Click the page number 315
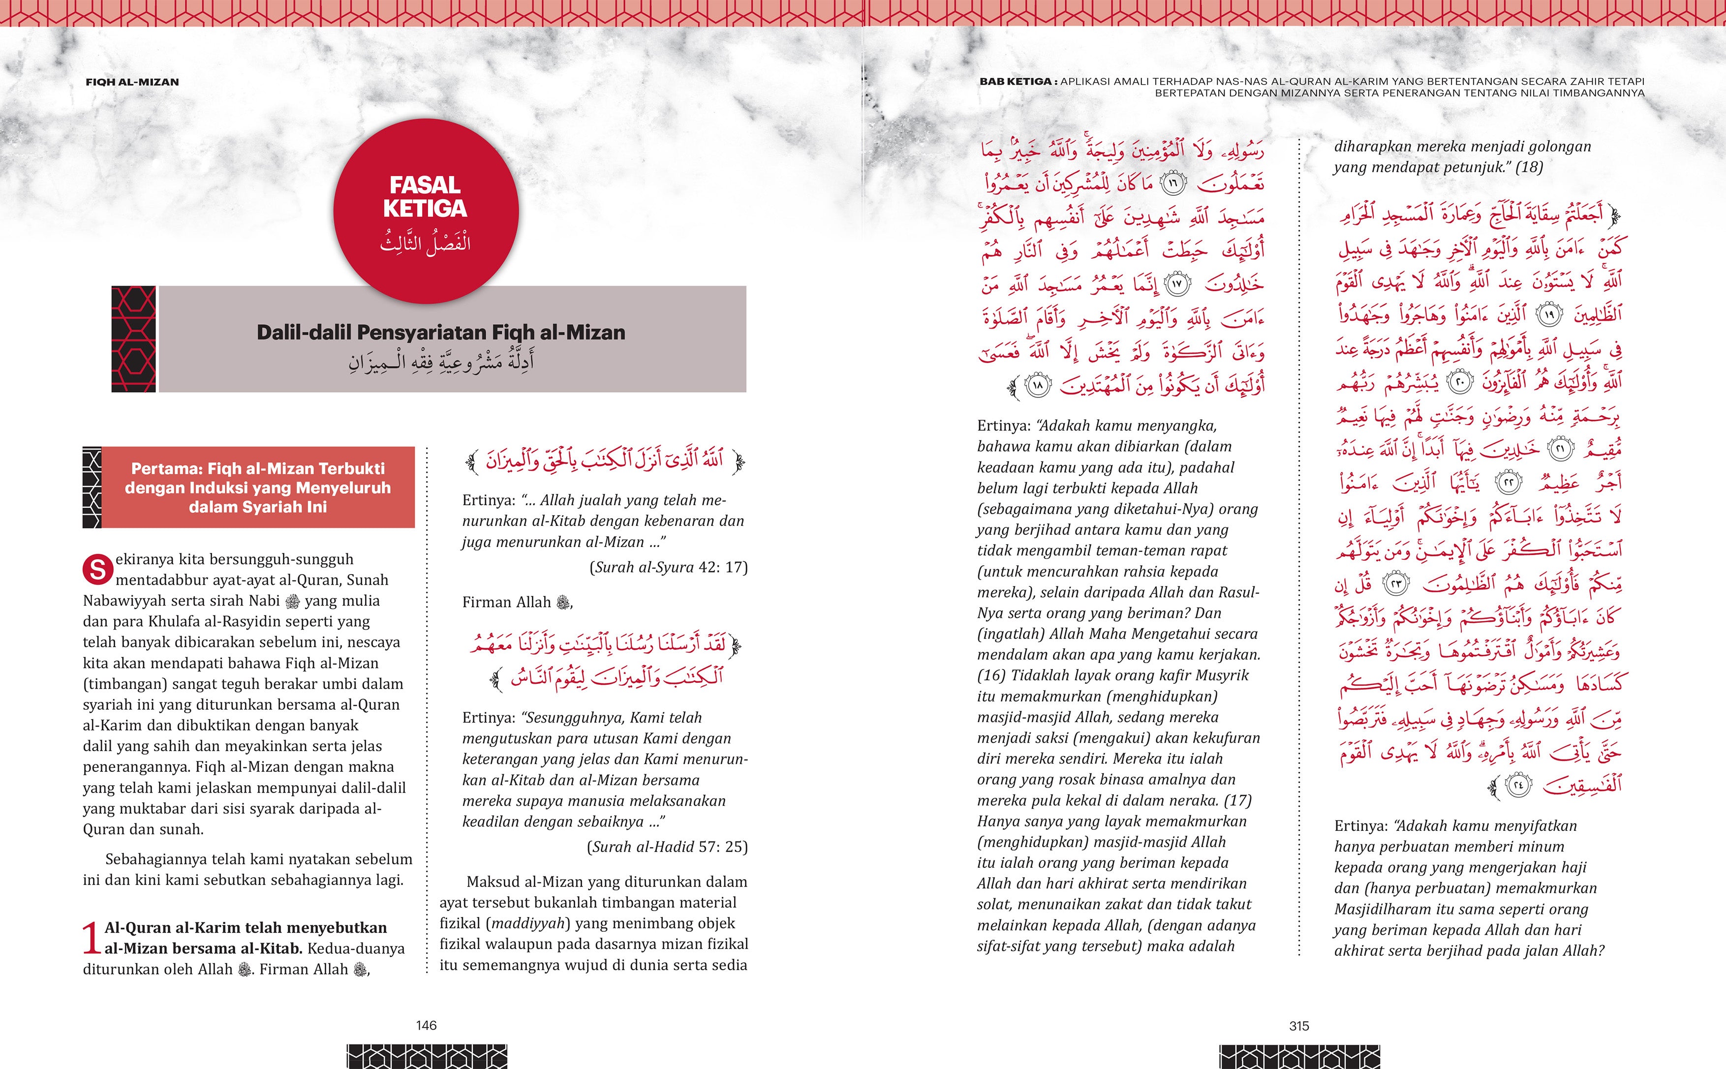[x=1299, y=1026]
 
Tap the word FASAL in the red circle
[x=425, y=185]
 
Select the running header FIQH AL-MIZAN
[x=132, y=82]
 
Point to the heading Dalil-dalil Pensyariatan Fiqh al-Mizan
[x=440, y=332]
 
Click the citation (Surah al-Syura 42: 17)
[x=668, y=567]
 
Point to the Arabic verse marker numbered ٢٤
[x=1517, y=785]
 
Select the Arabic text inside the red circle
[x=425, y=243]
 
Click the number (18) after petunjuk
[x=1529, y=167]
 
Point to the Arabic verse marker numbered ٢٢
[x=1508, y=483]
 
